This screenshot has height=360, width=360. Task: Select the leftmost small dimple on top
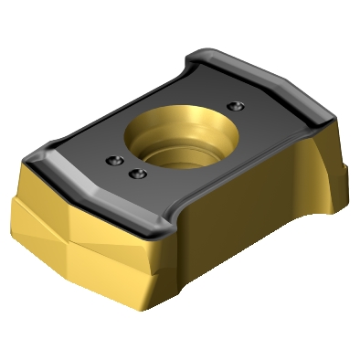click(113, 161)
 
